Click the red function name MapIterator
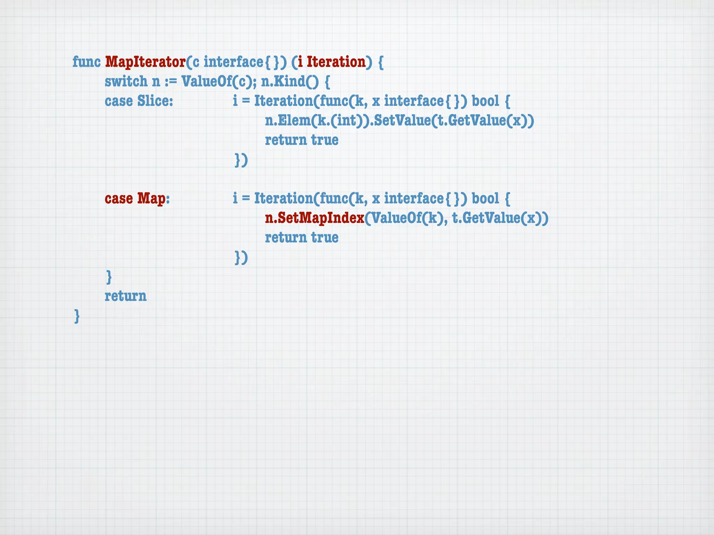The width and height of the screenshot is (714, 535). [x=145, y=62]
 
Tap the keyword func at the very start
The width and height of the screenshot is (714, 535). [x=86, y=62]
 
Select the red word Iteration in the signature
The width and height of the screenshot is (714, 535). [x=336, y=62]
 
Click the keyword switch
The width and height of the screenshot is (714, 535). [x=126, y=82]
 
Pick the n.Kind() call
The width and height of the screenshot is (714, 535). [x=290, y=82]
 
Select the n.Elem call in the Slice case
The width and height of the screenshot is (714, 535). [x=287, y=121]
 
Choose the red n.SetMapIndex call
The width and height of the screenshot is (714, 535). [x=314, y=218]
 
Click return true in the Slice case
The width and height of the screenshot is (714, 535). [x=302, y=140]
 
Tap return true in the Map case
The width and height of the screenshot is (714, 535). [x=302, y=238]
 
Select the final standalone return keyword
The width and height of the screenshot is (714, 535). [x=126, y=296]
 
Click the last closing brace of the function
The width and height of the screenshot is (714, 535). [x=77, y=316]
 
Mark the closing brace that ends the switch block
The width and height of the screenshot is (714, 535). [x=109, y=277]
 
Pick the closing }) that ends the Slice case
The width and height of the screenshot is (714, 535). [x=241, y=160]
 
